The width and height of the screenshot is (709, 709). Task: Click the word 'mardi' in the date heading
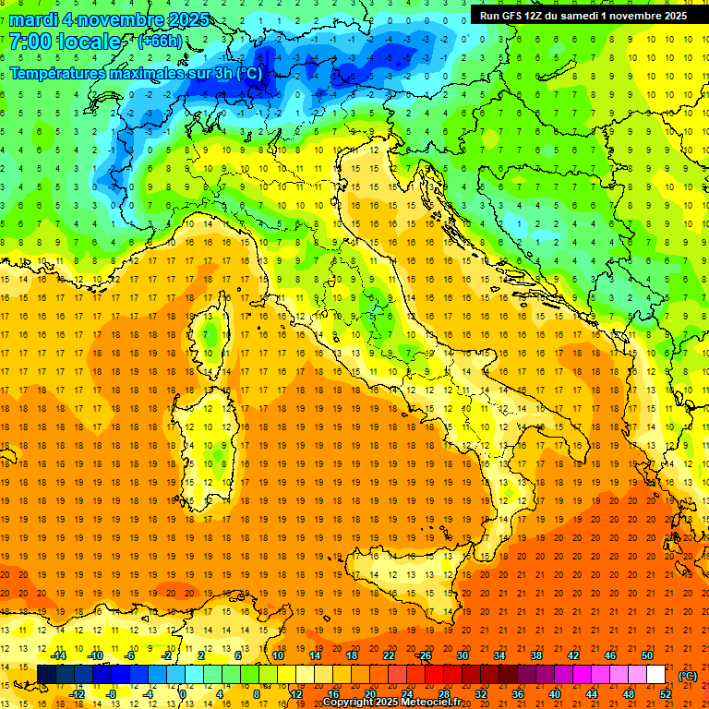click(32, 19)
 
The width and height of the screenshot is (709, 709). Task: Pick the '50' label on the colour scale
click(646, 655)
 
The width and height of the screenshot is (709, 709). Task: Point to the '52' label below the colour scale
click(665, 693)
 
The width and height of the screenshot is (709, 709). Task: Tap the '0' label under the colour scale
click(183, 693)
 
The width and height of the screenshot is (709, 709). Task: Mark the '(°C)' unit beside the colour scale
click(688, 676)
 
